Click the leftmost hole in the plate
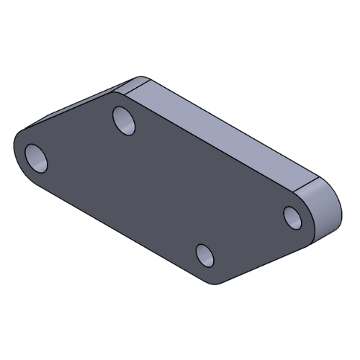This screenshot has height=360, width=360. point(36,157)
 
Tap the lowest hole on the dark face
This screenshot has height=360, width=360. point(205,256)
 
